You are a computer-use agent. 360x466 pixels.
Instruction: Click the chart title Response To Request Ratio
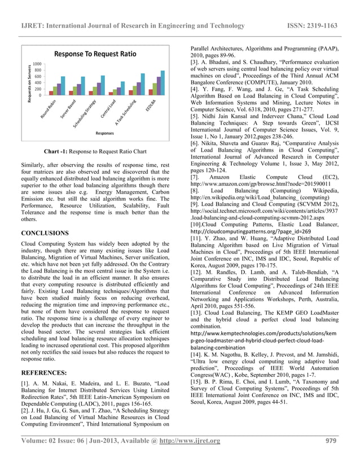point(95,54)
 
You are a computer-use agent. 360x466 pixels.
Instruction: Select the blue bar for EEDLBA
point(163,83)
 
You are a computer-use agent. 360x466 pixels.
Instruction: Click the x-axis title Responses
point(106,134)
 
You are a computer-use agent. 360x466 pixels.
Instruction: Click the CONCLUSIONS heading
point(45,232)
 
